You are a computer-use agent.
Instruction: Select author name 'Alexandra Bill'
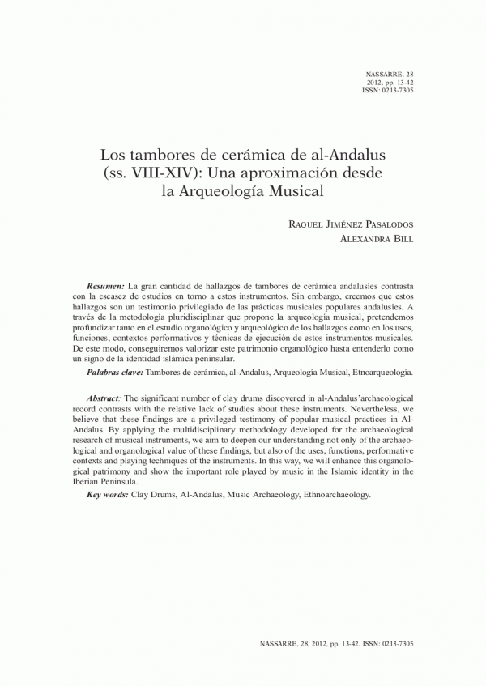377,240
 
